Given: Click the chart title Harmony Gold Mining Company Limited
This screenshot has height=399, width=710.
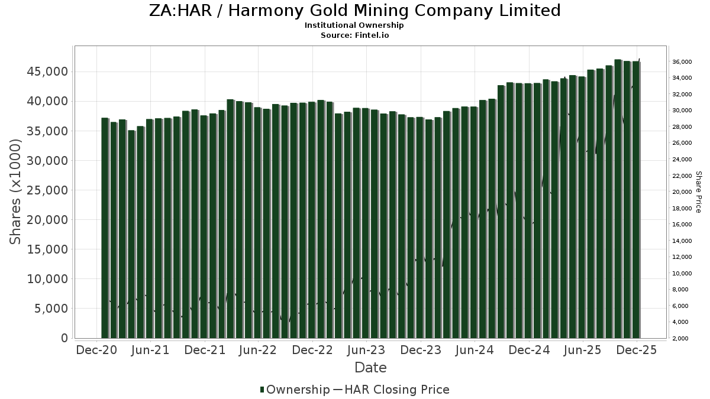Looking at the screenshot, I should click(354, 11).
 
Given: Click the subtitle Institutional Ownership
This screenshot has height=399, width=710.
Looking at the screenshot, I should click(354, 25).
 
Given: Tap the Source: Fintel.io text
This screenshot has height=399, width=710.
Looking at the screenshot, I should click(354, 35).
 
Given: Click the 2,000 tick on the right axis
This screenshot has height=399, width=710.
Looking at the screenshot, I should click(684, 339).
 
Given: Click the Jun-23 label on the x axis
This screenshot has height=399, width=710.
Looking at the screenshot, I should click(366, 350).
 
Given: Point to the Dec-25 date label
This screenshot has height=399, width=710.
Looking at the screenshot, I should click(637, 350).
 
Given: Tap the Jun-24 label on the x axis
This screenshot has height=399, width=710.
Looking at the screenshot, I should click(475, 350).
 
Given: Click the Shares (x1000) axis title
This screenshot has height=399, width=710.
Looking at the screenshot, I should click(16, 192).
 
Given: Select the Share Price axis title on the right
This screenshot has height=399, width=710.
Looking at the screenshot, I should click(698, 192).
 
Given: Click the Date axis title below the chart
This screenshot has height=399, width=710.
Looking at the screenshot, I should click(370, 368).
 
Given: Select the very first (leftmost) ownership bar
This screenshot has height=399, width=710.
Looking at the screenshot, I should click(105, 228).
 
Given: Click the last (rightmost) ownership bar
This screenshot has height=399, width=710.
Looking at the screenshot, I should click(636, 199).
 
